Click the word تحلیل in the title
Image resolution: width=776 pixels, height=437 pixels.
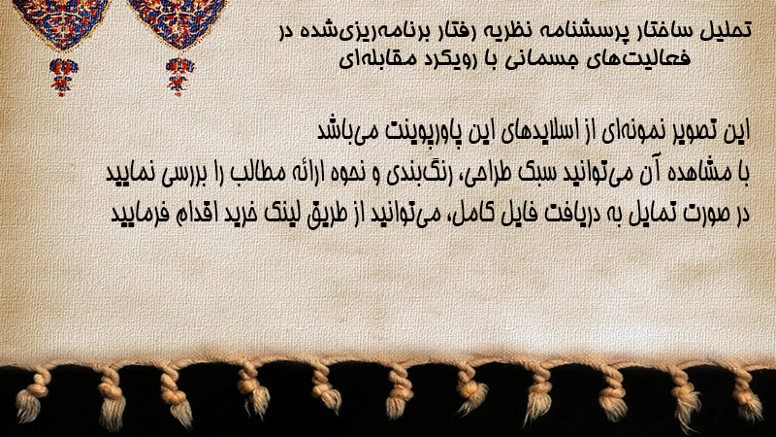[726, 31]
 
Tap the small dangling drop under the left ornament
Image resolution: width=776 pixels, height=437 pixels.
[62, 76]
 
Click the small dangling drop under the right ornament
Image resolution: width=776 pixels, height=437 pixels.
[179, 76]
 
